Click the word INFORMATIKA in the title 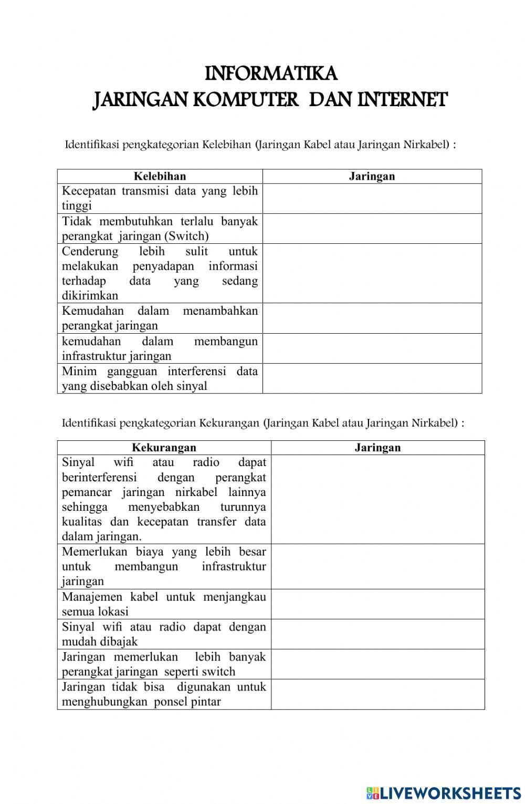(270, 74)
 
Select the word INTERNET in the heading (402, 99)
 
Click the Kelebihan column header (160, 176)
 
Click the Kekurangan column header (164, 448)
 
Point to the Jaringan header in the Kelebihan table (372, 176)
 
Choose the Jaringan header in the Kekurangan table (377, 448)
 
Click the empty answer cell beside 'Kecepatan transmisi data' (372, 198)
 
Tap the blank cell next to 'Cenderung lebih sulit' (372, 273)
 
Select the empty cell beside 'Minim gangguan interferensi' (372, 378)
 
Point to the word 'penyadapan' (163, 266)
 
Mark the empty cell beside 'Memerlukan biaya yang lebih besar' (377, 566)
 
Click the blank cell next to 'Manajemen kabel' (377, 604)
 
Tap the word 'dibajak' (120, 642)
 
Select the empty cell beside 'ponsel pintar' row (377, 694)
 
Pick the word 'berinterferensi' (99, 478)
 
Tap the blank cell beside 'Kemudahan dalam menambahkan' (372, 318)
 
